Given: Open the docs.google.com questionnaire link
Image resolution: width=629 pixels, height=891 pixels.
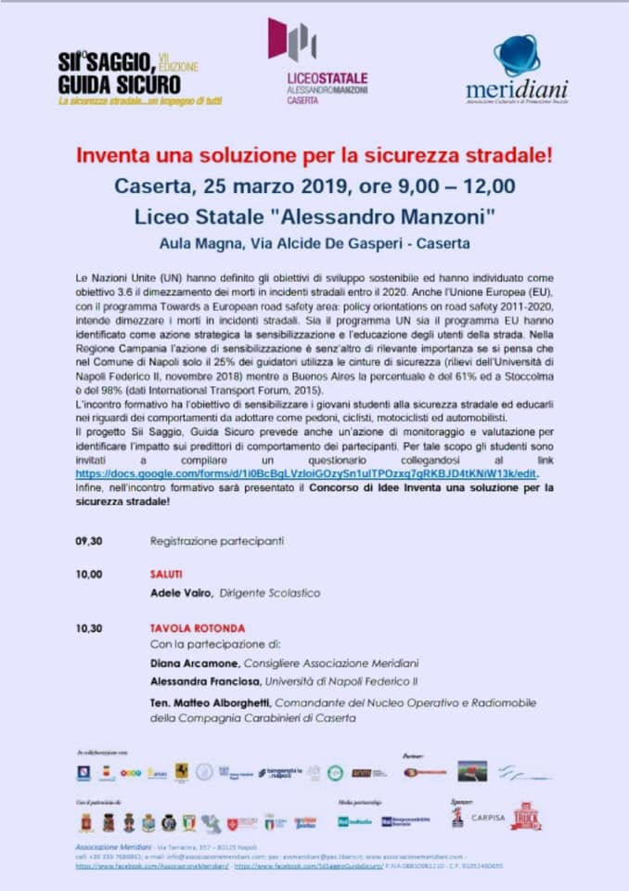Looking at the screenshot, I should (x=306, y=472).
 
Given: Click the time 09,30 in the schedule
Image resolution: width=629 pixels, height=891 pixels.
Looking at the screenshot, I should (x=89, y=540).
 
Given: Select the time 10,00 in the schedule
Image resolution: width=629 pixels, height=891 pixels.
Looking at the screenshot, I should (x=89, y=575).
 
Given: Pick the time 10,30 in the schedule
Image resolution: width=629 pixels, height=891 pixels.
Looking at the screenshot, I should (x=89, y=628).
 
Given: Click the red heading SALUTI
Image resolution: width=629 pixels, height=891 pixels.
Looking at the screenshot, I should (x=166, y=575).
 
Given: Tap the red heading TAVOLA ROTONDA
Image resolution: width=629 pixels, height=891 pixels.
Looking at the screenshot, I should (x=198, y=628).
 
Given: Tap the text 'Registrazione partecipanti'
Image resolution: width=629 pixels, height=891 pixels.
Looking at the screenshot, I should (x=217, y=540).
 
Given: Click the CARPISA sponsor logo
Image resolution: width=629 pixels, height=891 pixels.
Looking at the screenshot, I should (x=488, y=818).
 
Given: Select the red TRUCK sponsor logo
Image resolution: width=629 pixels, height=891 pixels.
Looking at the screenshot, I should (x=526, y=817).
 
